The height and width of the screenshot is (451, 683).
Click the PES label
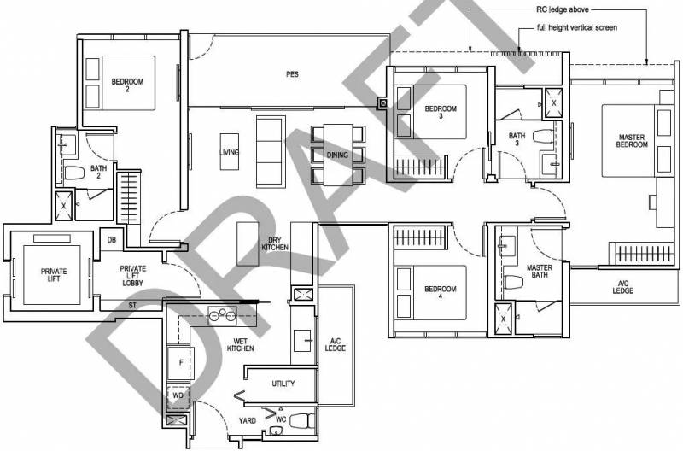pos(292,74)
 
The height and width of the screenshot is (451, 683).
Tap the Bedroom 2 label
pos(127,85)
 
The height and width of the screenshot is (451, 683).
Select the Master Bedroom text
pos(632,141)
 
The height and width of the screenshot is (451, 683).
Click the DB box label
pos(112,240)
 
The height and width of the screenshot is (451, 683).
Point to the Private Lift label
pos(54,275)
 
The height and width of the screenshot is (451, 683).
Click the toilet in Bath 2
pos(74,173)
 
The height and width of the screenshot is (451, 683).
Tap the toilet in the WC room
pos(302,421)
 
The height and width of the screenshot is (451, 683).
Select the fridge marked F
pos(181,362)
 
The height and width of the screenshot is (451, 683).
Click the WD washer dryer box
pos(178,395)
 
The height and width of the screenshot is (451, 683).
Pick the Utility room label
pos(283,384)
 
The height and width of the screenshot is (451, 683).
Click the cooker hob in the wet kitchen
pos(223,316)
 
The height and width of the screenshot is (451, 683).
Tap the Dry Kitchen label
pos(275,243)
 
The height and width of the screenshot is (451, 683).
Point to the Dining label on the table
pos(337,155)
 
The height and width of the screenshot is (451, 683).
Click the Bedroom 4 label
pos(440,292)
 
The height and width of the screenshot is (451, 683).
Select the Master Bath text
pos(540,271)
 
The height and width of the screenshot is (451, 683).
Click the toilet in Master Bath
pos(514,282)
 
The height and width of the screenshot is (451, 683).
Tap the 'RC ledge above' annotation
pos(563,9)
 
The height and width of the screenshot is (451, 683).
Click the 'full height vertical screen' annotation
pos(577,27)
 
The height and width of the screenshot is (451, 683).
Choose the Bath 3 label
pos(517,139)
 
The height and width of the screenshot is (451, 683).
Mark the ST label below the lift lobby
pos(132,306)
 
